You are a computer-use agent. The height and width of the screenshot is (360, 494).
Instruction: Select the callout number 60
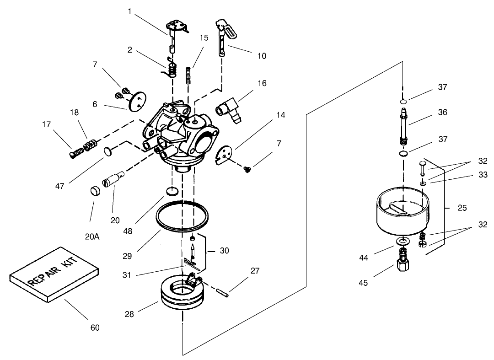tap(95, 328)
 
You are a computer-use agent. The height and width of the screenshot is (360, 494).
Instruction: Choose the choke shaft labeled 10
tap(223, 39)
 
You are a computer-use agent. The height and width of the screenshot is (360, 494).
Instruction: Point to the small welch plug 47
tap(108, 150)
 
